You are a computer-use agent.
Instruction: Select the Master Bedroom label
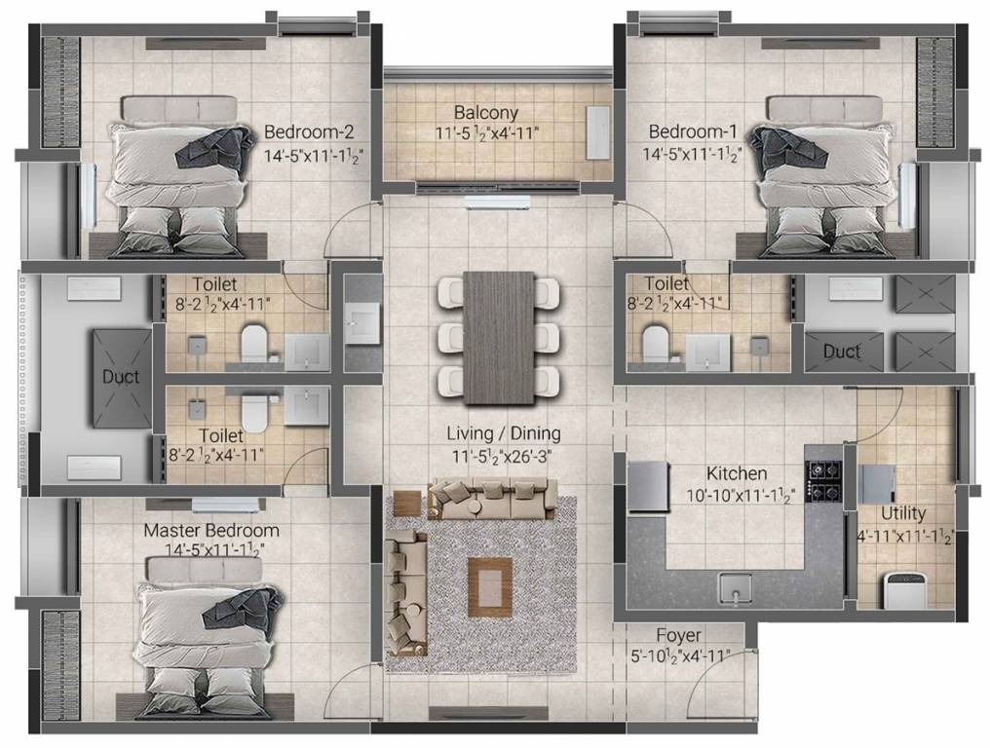211,531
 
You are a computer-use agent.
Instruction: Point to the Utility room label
903,513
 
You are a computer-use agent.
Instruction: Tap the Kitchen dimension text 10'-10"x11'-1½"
737,495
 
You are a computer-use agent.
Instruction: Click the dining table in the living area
499,337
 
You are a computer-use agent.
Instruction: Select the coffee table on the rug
489,581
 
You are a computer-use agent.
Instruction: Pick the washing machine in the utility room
901,589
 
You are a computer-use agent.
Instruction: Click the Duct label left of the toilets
121,376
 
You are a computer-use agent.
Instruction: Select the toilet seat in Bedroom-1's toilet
655,342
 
